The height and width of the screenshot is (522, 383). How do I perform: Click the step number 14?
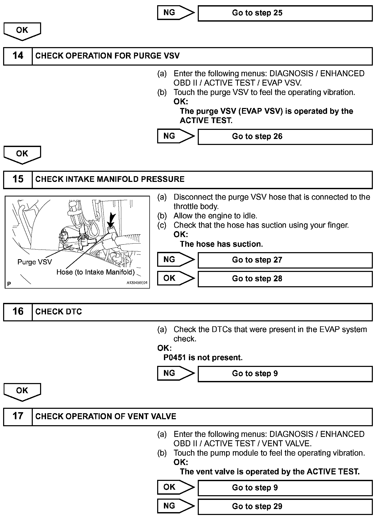pos(18,56)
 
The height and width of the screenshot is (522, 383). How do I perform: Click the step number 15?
pos(18,179)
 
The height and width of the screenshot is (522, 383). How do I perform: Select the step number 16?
pos(18,311)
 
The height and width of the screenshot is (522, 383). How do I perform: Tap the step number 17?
pos(18,416)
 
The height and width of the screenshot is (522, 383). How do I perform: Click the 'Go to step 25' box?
pos(285,13)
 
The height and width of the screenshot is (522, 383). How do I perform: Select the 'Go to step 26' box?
pos(285,137)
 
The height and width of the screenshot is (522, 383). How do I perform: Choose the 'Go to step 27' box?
pos(285,260)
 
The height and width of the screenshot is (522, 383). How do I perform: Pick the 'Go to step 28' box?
pos(285,279)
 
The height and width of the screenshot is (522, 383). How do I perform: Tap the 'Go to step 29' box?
pos(285,506)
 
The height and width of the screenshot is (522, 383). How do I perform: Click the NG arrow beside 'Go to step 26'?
pos(175,136)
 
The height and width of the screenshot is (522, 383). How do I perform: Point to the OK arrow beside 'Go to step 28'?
pos(175,278)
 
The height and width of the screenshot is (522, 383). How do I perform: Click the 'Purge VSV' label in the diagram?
pos(35,262)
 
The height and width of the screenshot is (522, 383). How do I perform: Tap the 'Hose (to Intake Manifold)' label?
pos(95,272)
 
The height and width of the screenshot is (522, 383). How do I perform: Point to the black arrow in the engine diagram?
pos(112,219)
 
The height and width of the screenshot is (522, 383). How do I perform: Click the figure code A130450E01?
pos(137,283)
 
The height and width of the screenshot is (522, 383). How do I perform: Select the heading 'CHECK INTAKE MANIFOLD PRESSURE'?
pos(110,179)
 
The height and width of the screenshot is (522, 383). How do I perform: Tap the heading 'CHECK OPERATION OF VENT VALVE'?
pos(106,416)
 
